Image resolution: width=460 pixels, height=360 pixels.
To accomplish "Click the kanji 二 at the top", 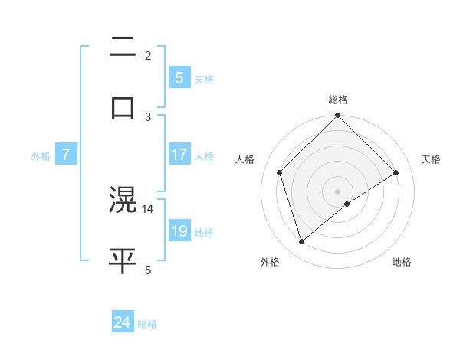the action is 123,49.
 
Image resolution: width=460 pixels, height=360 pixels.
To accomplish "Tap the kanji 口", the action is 123,106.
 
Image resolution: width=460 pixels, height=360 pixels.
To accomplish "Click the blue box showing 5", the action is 179,77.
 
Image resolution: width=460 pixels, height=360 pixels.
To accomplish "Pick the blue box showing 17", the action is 179,155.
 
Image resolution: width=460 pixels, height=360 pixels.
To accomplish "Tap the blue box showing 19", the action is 179,231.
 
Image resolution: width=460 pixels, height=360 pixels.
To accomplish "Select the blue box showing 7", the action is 66,155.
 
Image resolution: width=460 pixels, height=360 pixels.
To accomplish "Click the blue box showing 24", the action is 122,322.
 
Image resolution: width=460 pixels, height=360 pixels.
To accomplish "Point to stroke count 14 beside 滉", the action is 148,208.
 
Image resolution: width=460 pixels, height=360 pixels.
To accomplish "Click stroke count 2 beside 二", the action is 148,55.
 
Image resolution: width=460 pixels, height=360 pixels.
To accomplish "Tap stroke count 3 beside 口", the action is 148,116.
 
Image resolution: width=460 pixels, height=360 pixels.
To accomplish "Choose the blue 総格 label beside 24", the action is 147,324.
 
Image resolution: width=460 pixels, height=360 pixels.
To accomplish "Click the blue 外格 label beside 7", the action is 41,156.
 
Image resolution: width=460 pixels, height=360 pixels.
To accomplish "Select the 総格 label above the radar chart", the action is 338,100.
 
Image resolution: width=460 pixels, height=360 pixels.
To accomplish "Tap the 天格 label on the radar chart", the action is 431,159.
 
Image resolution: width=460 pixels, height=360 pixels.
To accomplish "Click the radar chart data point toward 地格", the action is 347,204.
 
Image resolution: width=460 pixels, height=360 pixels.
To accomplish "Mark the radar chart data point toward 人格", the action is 280,172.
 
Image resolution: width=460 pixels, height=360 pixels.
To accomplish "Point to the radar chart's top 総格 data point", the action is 338,116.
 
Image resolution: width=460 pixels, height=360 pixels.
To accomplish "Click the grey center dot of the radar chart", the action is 338,191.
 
